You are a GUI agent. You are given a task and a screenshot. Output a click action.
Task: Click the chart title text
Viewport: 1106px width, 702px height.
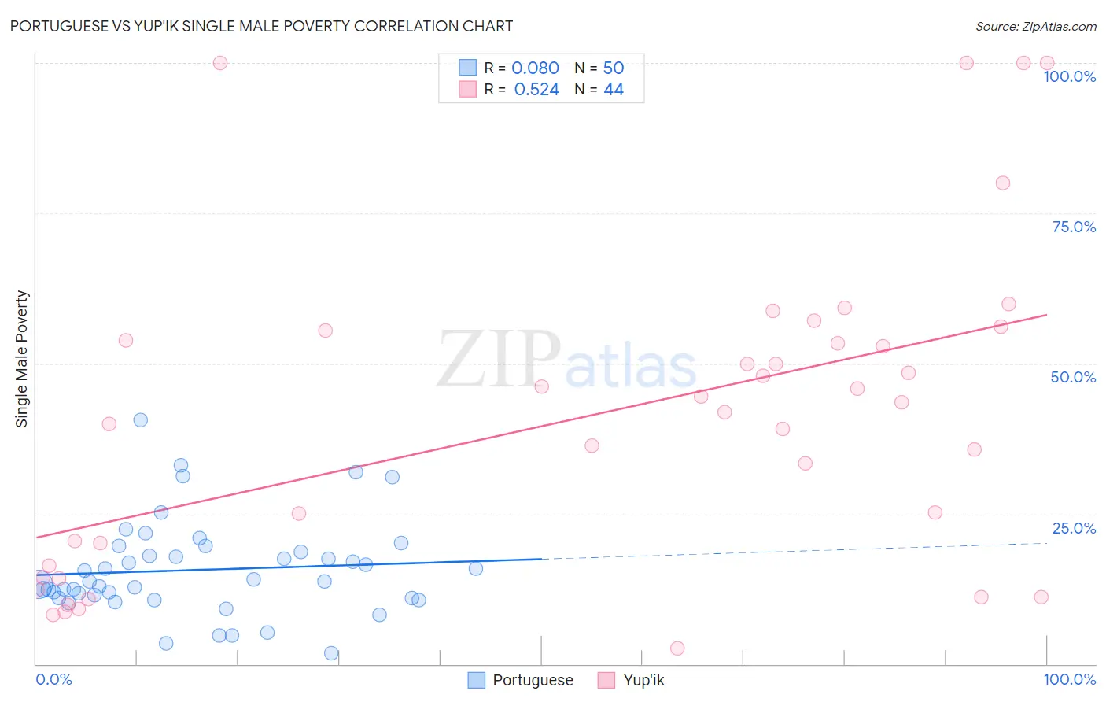(261, 27)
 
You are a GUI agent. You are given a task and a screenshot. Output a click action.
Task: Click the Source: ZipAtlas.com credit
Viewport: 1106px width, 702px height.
(1035, 27)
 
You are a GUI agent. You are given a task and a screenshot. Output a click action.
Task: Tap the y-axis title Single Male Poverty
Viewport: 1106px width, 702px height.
(22, 359)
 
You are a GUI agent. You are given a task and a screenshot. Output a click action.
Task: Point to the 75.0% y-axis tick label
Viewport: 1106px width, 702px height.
(1074, 227)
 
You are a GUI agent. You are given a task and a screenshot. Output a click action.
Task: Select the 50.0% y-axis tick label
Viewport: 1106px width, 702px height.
(1073, 377)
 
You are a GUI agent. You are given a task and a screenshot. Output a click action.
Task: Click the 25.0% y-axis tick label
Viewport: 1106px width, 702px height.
(1074, 528)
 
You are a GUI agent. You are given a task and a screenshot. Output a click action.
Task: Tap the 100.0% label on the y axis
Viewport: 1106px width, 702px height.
(1069, 76)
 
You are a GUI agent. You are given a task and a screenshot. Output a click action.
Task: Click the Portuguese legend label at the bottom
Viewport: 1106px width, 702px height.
(533, 681)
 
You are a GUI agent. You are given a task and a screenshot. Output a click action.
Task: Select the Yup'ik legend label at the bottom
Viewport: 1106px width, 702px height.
(643, 681)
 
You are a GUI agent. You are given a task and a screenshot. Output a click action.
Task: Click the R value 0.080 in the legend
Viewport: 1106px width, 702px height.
(535, 68)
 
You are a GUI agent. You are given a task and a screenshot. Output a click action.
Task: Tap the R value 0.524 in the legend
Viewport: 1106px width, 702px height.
(536, 90)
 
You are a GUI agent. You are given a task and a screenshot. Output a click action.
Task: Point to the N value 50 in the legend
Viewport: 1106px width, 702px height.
(614, 68)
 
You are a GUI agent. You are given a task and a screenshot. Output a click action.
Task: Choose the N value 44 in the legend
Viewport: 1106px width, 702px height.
(614, 90)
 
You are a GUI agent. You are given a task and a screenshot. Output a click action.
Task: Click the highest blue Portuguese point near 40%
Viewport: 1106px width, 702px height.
(141, 420)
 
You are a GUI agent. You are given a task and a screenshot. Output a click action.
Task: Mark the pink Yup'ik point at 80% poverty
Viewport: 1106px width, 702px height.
(1002, 183)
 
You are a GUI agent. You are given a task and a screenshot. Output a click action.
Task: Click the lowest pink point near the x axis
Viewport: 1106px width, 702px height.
(677, 648)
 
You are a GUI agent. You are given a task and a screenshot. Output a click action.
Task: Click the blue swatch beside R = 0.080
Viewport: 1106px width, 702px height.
(468, 68)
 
